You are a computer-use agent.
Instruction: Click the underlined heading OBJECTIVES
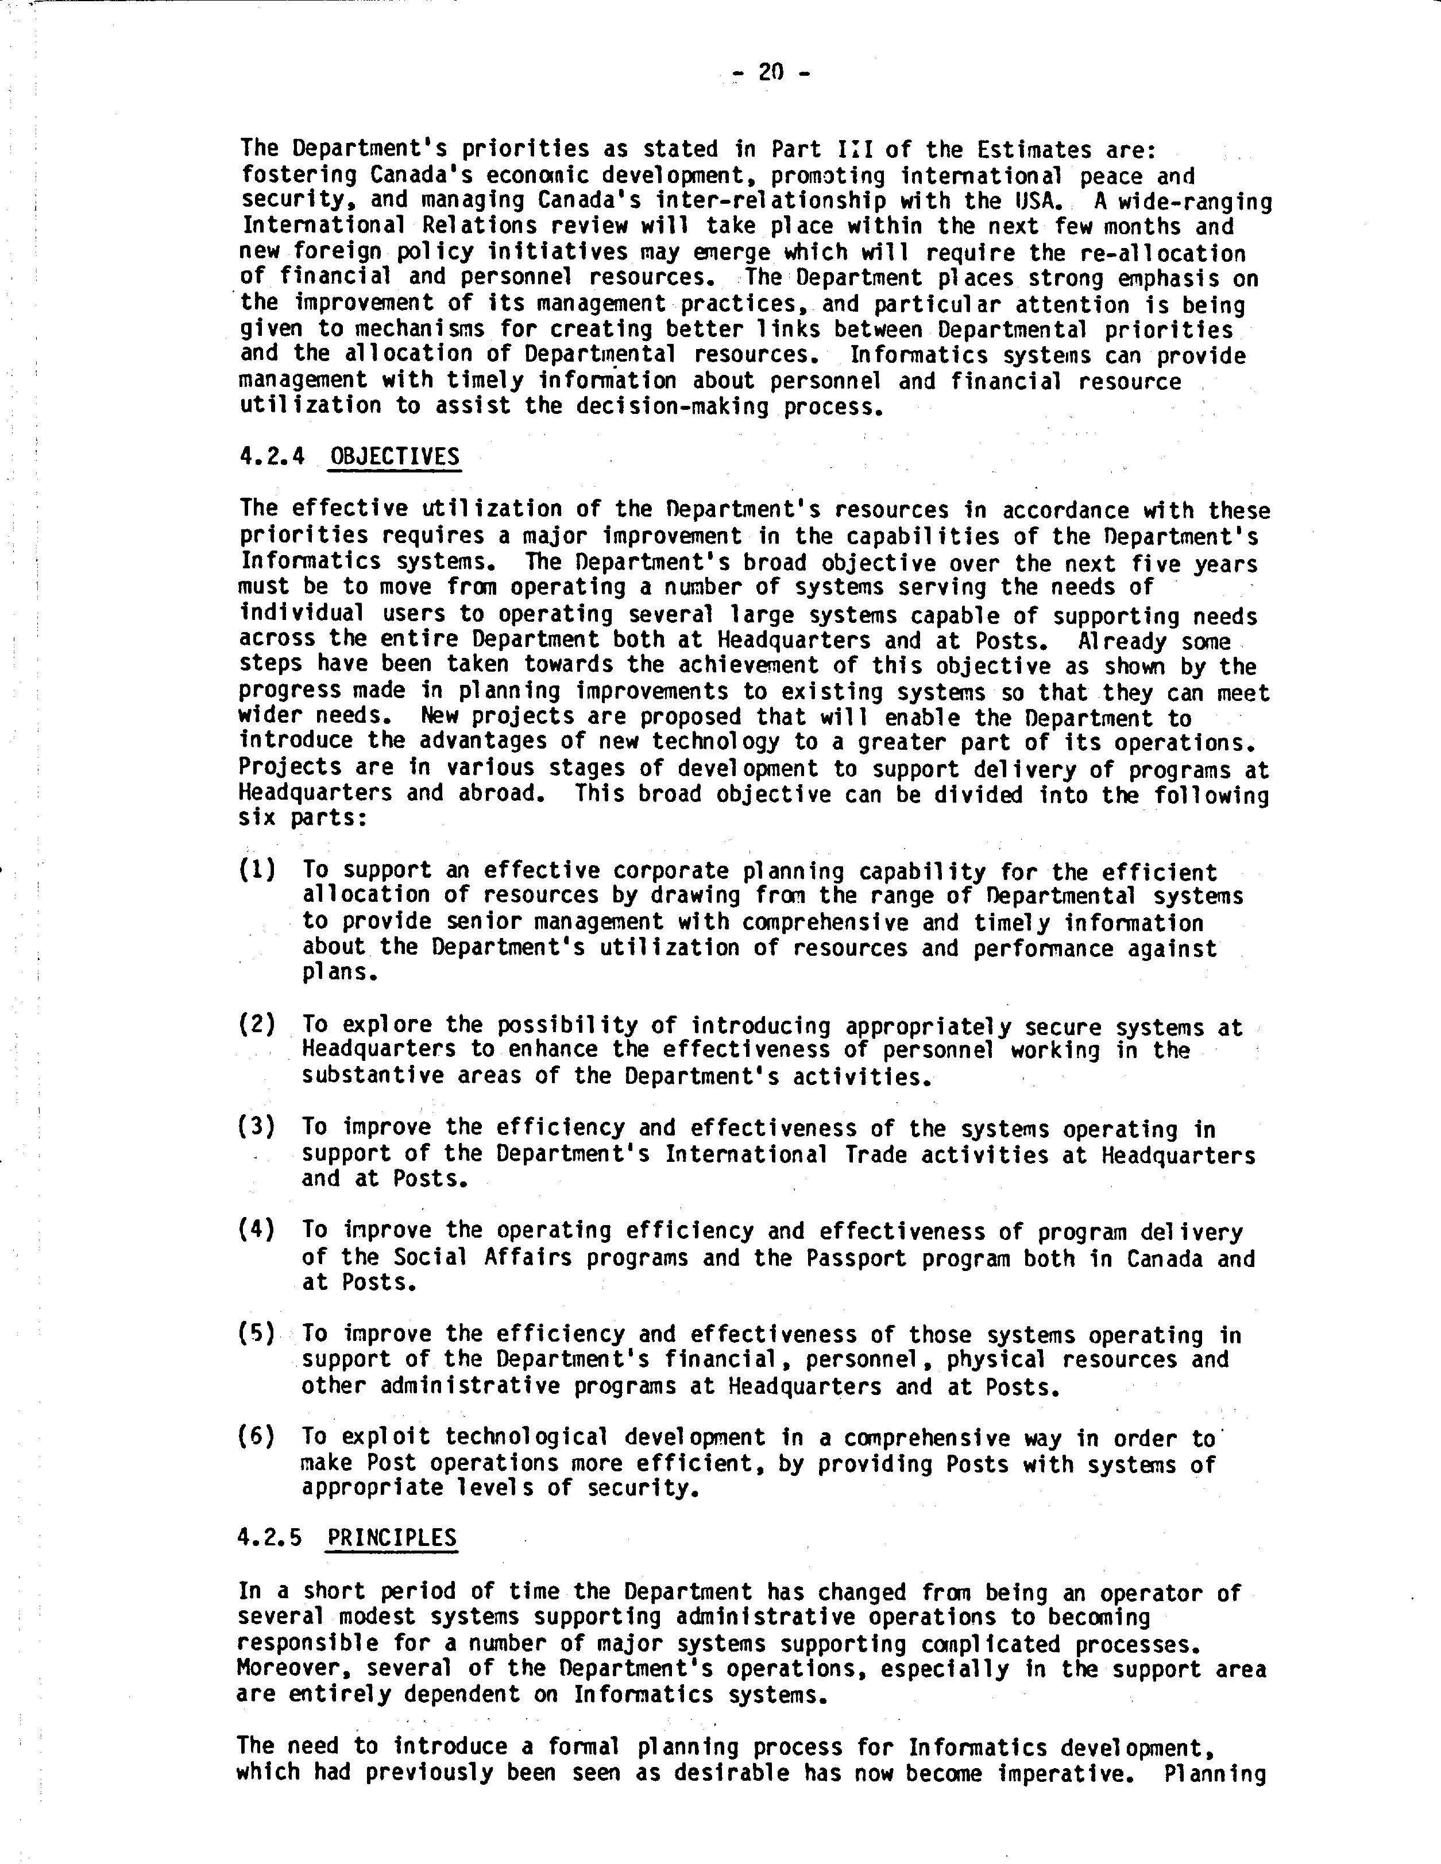tap(395, 456)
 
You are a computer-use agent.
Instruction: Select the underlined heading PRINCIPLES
tap(393, 1538)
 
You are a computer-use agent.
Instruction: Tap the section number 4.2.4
tap(272, 456)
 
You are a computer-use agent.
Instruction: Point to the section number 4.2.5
tap(270, 1538)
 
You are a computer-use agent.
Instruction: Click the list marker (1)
tap(257, 870)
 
